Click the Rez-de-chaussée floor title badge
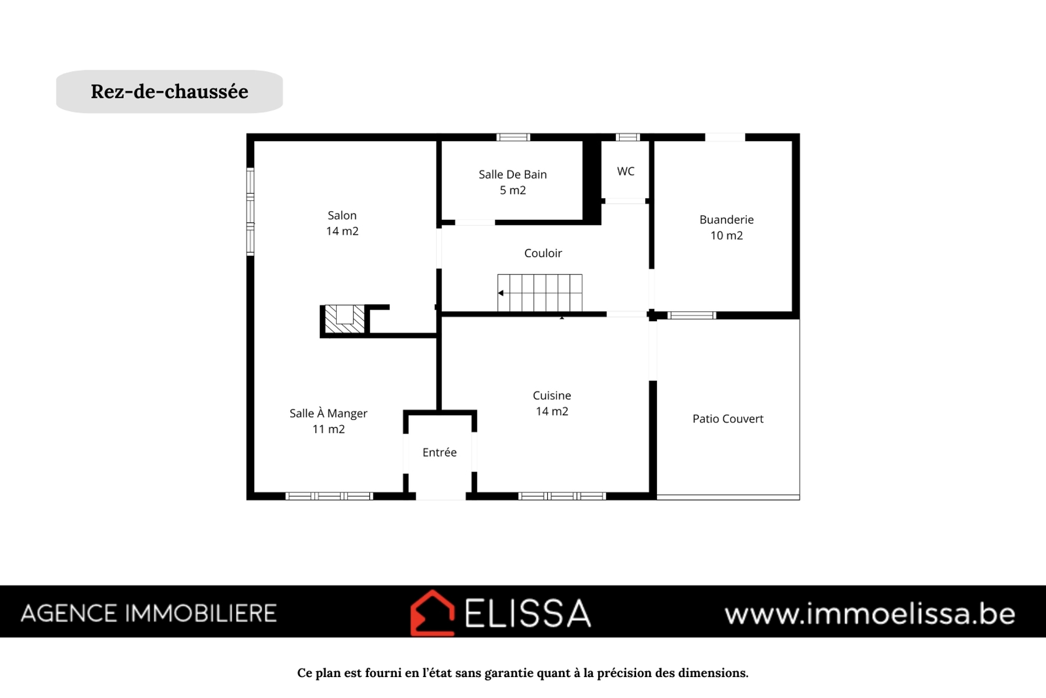[x=169, y=91]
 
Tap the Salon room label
[x=342, y=223]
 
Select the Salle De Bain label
[x=512, y=182]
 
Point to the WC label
[x=626, y=171]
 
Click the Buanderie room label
[x=726, y=227]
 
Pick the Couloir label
[x=543, y=253]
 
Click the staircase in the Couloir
[x=540, y=293]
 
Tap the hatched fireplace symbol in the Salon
[x=345, y=319]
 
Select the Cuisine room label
[x=552, y=403]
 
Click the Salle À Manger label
[x=329, y=421]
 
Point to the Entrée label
[x=440, y=453]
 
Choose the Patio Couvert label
[x=728, y=419]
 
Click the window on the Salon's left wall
[x=250, y=212]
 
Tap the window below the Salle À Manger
[x=329, y=496]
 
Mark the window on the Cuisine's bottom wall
[x=562, y=496]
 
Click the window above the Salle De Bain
[x=513, y=137]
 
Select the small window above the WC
[x=627, y=137]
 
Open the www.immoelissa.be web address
[x=870, y=614]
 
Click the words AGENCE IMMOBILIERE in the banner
[x=149, y=614]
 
